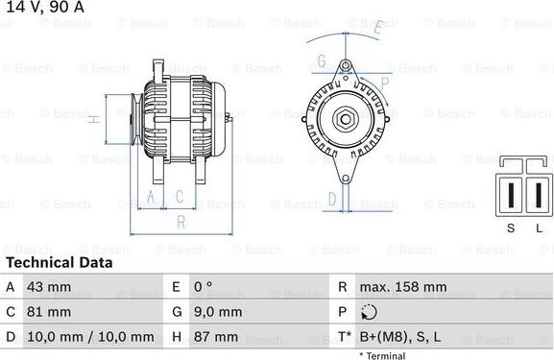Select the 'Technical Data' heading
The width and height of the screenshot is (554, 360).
click(60, 262)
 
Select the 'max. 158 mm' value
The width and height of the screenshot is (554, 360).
click(403, 287)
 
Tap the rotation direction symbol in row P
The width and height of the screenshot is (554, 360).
click(371, 312)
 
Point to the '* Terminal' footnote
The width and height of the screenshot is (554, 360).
click(382, 355)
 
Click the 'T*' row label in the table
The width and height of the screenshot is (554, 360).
click(343, 337)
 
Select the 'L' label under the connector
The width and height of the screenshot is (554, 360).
click(539, 227)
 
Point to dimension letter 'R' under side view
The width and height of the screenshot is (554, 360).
click(180, 222)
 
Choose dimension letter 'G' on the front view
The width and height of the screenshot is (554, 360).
click(322, 61)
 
